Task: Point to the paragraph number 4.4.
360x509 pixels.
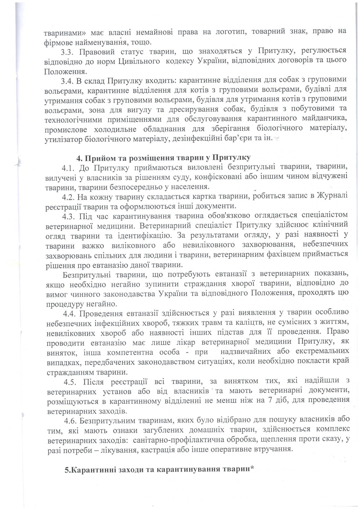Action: (x=70, y=314)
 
